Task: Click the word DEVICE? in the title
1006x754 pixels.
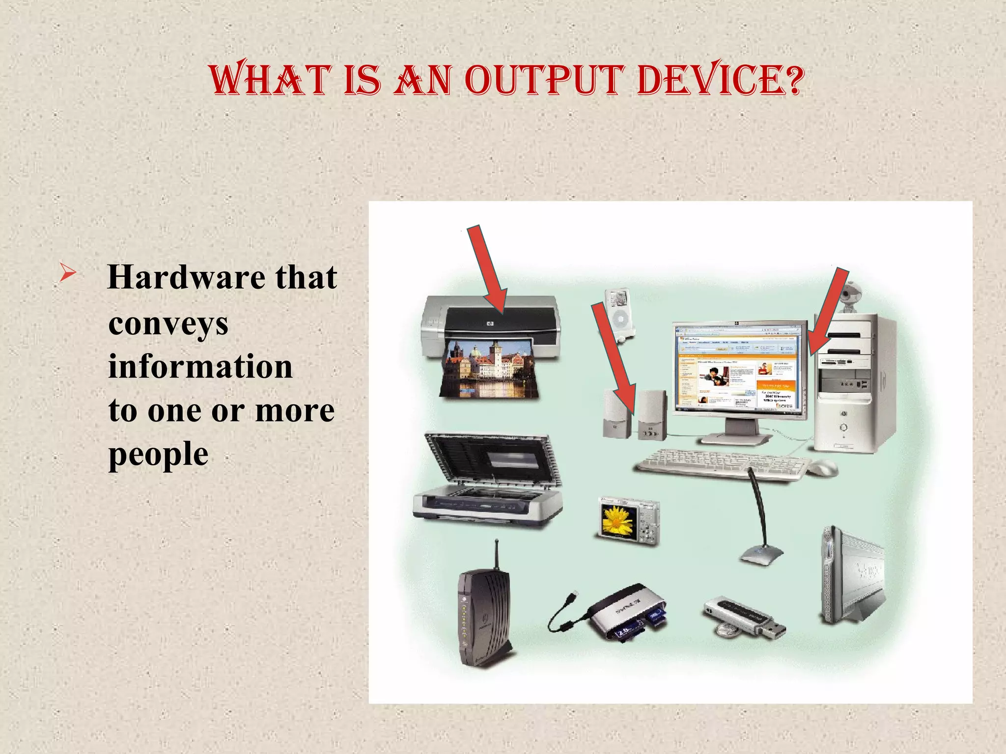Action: tap(720, 80)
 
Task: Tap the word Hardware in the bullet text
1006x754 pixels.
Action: tap(184, 277)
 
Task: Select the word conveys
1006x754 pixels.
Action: tap(168, 324)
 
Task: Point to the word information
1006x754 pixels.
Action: tap(200, 367)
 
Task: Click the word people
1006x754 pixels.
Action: tap(158, 454)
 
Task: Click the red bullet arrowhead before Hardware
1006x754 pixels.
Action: tap(67, 273)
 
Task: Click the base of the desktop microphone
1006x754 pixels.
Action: tap(760, 555)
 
